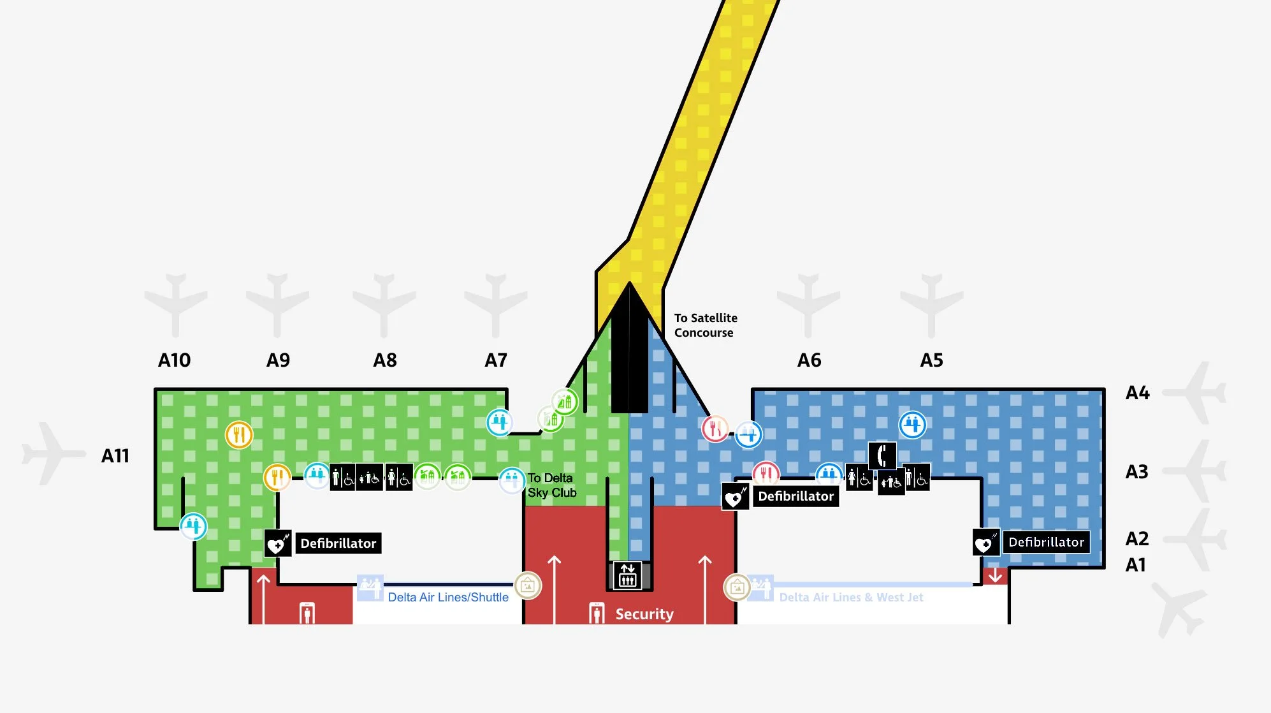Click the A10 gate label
coord(174,360)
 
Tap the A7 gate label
coord(495,360)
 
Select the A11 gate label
coord(115,456)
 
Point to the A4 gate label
coord(1137,393)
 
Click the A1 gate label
coord(1135,565)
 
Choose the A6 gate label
coord(809,360)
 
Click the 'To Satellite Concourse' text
coord(705,325)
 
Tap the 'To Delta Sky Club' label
coord(551,485)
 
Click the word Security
coord(644,614)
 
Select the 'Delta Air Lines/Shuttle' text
coord(448,598)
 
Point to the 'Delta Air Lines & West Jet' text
coord(851,598)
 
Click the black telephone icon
coord(882,455)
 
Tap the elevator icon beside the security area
coord(628,575)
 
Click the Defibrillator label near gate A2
coord(1045,542)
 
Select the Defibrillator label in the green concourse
coord(338,543)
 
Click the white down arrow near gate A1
coord(995,576)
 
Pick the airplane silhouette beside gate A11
coord(53,453)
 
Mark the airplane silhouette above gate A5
coord(931,305)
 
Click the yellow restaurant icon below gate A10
coord(239,436)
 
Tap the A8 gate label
coord(384,360)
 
